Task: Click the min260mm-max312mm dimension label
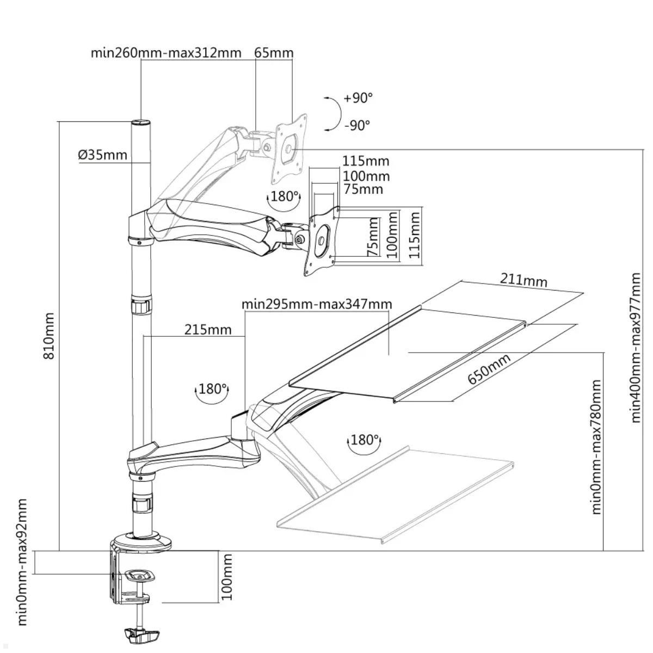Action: point(165,53)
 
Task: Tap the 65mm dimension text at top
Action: point(274,53)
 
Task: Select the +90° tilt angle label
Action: point(358,98)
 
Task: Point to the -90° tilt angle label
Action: point(357,125)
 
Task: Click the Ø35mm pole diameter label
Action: point(102,155)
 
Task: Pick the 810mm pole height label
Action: point(49,335)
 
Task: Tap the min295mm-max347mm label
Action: point(317,304)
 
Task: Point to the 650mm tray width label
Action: point(489,369)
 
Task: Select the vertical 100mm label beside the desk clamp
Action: point(227,577)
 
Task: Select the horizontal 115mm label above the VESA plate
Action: point(366,161)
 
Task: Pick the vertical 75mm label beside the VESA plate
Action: point(373,237)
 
